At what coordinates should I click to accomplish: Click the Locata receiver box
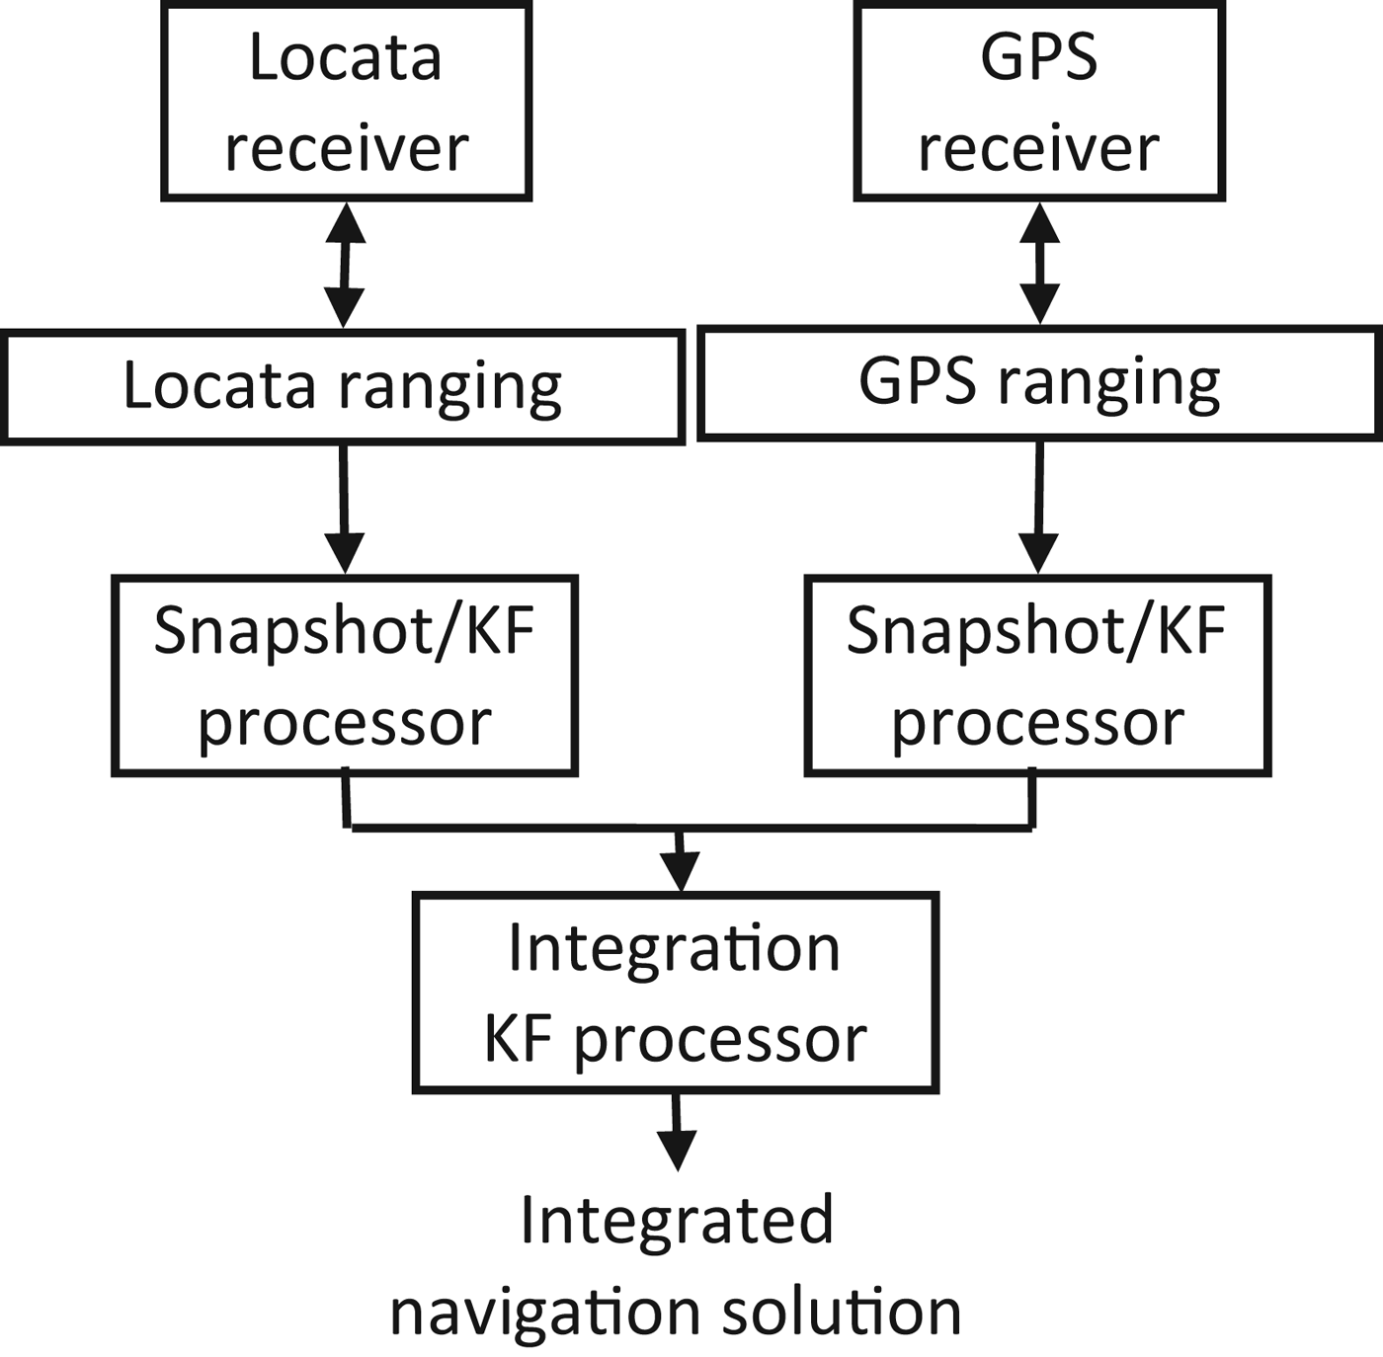(x=346, y=101)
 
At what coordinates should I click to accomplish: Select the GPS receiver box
(x=1039, y=101)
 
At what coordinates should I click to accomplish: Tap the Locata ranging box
(x=342, y=386)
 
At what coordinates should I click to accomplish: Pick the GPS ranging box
(x=1039, y=382)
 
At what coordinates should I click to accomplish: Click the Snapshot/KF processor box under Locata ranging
(x=344, y=675)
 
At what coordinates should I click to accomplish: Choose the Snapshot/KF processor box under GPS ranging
(x=1037, y=675)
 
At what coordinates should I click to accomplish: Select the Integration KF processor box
(x=675, y=992)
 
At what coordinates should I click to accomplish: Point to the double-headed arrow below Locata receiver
(x=344, y=265)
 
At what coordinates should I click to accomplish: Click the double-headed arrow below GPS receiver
(x=1039, y=263)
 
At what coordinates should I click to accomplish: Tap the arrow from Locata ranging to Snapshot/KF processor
(x=344, y=508)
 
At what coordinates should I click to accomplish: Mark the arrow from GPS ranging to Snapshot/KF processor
(x=1038, y=506)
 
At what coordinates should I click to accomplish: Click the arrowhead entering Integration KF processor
(x=680, y=869)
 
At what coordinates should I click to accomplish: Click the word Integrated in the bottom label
(x=677, y=1221)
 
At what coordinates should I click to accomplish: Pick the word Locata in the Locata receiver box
(x=345, y=57)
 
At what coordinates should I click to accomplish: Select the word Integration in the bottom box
(x=675, y=948)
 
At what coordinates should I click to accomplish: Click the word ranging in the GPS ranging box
(x=1108, y=383)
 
